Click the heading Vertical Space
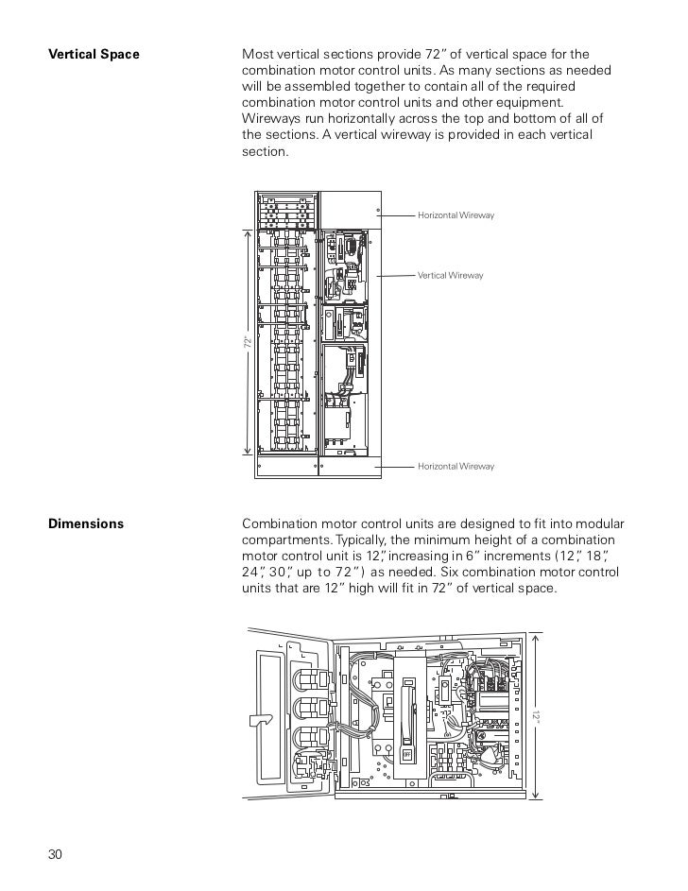pos(94,55)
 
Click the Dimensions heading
pos(86,523)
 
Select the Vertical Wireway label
pos(450,275)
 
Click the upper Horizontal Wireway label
pos(456,216)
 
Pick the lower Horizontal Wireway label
pos(456,467)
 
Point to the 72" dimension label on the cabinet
pos(247,344)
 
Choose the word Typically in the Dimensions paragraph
pos(360,540)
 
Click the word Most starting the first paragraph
pos(258,55)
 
